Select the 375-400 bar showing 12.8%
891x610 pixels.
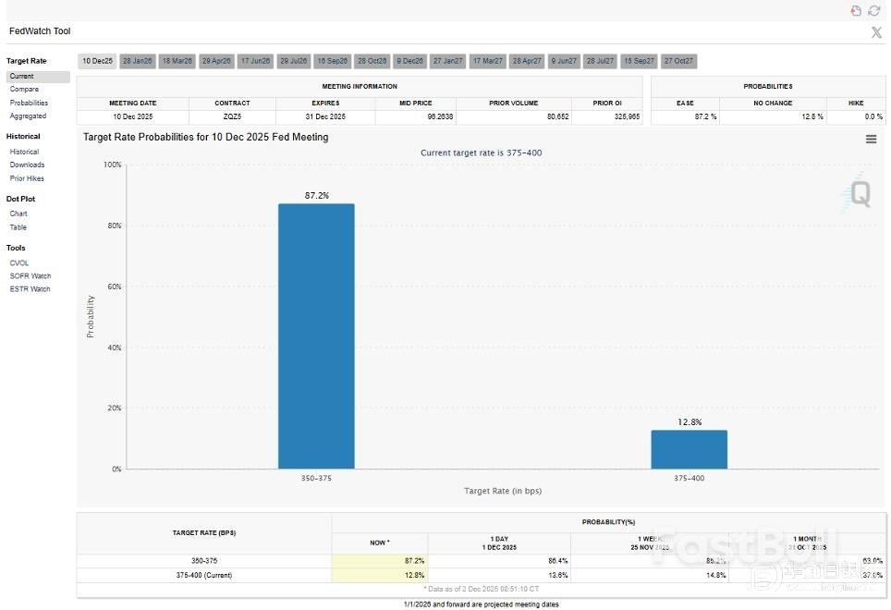click(689, 449)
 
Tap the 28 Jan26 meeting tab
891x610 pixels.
click(137, 61)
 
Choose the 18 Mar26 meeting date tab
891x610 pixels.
click(177, 61)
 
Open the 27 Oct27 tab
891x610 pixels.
click(678, 61)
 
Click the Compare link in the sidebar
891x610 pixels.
click(24, 90)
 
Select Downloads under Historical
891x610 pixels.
click(27, 165)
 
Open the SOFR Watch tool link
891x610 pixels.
click(31, 275)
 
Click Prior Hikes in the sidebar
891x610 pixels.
click(27, 178)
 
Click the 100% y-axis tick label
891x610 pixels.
click(111, 165)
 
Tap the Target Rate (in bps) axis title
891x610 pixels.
click(503, 491)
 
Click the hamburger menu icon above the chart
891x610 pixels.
click(871, 139)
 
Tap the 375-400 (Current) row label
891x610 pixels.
click(203, 575)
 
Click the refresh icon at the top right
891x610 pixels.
click(873, 10)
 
